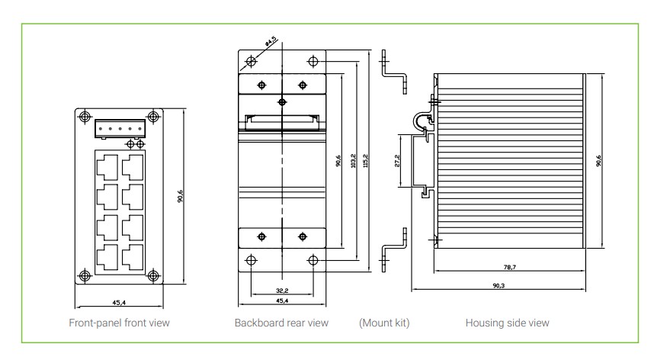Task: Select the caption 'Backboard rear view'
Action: pos(281,323)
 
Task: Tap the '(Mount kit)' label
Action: pos(384,323)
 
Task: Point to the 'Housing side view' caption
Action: pos(507,323)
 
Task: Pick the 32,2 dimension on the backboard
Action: pos(282,291)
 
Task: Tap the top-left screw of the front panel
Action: pos(83,117)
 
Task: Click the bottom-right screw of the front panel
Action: pos(152,275)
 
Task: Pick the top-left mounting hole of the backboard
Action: pos(252,61)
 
